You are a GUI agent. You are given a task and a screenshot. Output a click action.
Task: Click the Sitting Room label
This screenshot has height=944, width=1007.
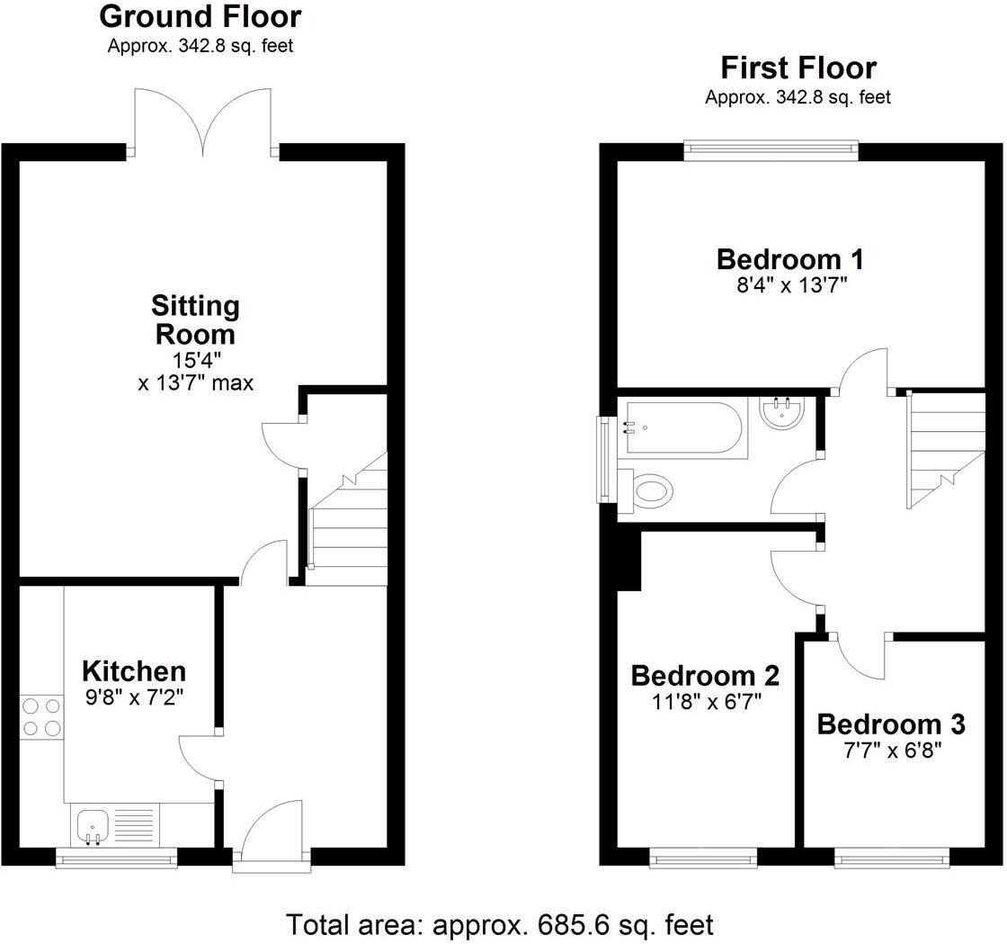point(195,320)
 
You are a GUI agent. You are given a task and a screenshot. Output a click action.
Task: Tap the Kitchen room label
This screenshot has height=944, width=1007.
point(134,671)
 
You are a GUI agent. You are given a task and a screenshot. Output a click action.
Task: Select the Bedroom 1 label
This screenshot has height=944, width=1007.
point(789,260)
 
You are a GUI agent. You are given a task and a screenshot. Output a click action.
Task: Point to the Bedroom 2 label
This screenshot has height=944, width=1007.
point(705,676)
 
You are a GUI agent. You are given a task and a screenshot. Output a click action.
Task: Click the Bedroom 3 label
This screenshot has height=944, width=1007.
point(891,724)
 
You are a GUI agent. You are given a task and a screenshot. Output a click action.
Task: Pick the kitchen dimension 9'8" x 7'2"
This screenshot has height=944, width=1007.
point(134,697)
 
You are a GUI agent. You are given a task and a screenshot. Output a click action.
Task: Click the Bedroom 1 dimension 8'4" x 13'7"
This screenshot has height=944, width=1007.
point(789,286)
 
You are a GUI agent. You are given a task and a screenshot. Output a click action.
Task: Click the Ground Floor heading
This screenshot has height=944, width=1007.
point(200,16)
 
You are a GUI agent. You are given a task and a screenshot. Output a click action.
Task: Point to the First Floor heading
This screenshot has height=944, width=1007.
point(798,68)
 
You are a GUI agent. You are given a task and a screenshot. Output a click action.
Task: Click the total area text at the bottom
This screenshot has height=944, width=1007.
point(500,924)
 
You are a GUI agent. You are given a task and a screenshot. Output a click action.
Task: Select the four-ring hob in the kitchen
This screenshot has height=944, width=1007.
point(41,717)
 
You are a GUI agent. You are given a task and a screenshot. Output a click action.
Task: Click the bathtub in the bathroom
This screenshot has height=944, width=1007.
point(683,427)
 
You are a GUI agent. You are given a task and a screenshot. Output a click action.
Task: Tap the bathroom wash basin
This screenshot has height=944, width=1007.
point(781,414)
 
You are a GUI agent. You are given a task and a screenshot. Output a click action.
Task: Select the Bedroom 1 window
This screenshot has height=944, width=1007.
point(771,150)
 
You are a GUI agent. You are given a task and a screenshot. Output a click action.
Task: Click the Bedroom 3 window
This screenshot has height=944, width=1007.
point(892,860)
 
